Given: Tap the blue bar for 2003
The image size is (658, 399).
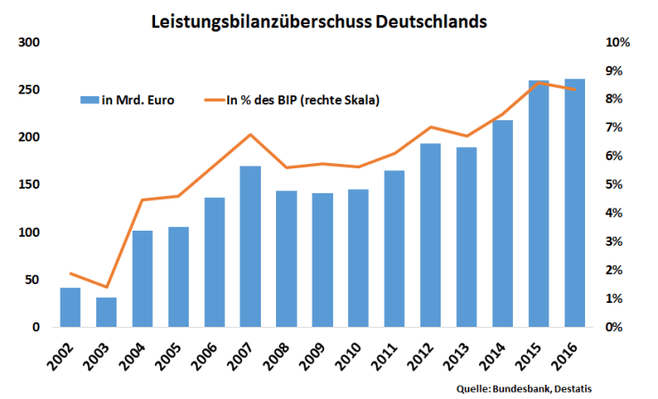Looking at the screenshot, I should pos(107,312).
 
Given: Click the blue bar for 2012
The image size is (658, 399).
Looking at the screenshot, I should pos(431,235).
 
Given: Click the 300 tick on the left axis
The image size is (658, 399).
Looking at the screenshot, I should pos(29,43).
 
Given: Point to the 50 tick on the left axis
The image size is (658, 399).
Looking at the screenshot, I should pos(33,280).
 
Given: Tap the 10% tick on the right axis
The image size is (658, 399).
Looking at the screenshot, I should pos(618,43).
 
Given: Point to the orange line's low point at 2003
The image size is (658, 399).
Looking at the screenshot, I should pos(107,287).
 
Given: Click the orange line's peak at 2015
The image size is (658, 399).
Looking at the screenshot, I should pos(540,82).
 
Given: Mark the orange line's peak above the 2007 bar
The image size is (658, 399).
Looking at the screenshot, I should pos(250,134).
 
